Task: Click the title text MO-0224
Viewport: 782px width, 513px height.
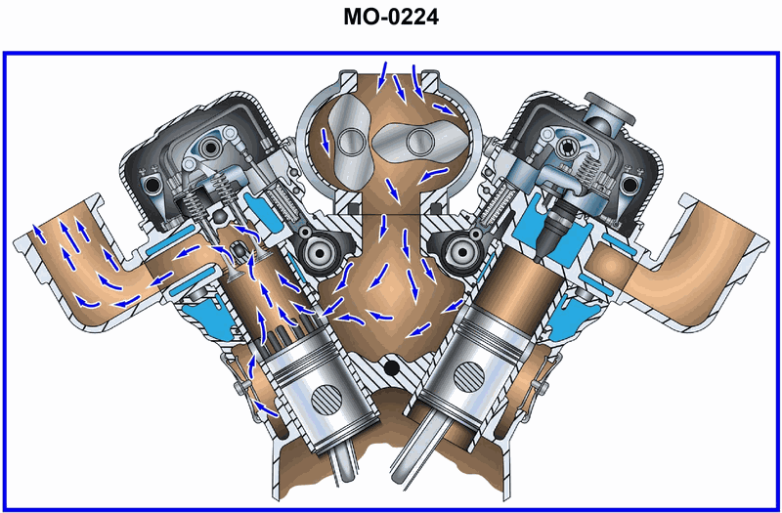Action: pyautogui.click(x=391, y=18)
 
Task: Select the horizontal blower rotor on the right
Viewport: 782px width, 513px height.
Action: pyautogui.click(x=420, y=142)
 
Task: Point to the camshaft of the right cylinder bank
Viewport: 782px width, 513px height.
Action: pyautogui.click(x=457, y=253)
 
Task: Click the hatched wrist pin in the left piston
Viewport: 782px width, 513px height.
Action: pyautogui.click(x=326, y=400)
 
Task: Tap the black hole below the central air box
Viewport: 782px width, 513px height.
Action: pyautogui.click(x=393, y=368)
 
